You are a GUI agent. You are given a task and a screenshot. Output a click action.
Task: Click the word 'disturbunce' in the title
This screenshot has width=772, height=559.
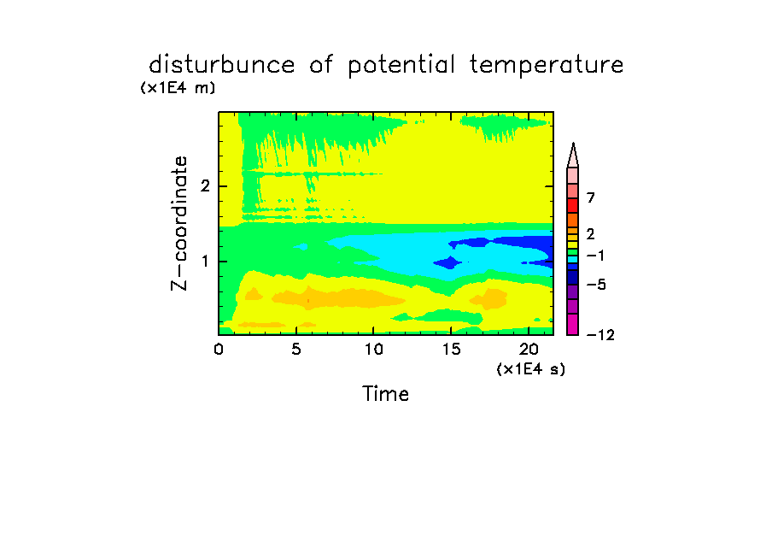[221, 64]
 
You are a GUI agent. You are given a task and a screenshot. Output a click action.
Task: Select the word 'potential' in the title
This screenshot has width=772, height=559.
[401, 65]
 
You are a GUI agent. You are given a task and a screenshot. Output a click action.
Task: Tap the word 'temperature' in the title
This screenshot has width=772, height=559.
[547, 65]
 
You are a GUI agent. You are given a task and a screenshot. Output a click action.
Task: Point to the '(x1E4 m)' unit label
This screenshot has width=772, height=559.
[178, 88]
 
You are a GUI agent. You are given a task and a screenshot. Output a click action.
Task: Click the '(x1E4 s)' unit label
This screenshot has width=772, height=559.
[531, 368]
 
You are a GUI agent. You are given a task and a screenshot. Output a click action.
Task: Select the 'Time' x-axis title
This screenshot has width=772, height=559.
[385, 394]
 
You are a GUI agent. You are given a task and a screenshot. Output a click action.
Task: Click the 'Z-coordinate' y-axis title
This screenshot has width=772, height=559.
[179, 223]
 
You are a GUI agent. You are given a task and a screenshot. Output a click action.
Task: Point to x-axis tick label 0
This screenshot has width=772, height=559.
[219, 349]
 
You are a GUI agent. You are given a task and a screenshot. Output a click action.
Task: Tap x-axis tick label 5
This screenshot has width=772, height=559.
[295, 349]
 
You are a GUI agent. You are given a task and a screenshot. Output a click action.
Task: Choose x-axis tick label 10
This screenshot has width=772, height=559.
[374, 349]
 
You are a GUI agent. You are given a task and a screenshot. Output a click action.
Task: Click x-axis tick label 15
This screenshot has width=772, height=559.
[451, 349]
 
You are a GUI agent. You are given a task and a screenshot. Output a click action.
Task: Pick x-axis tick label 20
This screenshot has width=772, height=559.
[529, 349]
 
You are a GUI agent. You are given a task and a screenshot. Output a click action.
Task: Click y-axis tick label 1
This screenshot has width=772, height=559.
[205, 262]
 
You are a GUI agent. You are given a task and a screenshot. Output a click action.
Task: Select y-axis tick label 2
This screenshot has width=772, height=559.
[205, 186]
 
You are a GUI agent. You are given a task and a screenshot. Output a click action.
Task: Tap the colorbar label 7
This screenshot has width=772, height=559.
[591, 197]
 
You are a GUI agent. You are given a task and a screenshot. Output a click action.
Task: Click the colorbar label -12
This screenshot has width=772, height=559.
[600, 335]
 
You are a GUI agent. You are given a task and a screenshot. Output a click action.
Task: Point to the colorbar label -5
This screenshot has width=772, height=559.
[596, 285]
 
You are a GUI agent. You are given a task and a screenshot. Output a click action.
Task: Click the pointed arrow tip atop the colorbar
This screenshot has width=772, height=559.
[573, 143]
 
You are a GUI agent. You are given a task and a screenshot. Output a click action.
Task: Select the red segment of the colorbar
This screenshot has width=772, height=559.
[573, 205]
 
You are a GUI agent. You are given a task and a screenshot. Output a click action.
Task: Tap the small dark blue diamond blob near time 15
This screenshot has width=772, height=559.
[448, 262]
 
